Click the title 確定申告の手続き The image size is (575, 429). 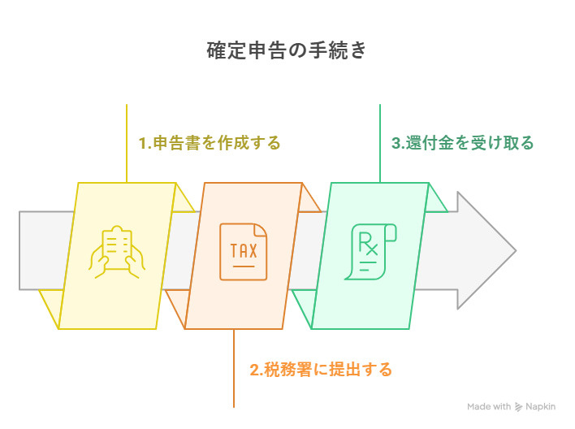[x=287, y=50]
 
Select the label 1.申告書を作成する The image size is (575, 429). [x=210, y=143]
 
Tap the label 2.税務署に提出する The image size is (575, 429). [x=321, y=369]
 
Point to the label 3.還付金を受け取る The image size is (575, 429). [x=462, y=143]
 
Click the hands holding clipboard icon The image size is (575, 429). [x=117, y=252]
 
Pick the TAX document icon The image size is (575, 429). [x=244, y=252]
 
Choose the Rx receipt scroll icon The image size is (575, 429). [x=370, y=252]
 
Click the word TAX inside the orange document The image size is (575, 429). [x=244, y=251]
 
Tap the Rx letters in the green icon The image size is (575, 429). [x=368, y=243]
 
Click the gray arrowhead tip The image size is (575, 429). [x=516, y=250]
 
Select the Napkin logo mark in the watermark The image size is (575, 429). [x=518, y=406]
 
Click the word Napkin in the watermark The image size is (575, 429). [x=541, y=406]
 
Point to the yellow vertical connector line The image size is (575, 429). [x=127, y=143]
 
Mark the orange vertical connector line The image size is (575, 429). [x=234, y=368]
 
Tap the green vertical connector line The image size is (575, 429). [x=380, y=143]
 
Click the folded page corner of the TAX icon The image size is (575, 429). [x=261, y=231]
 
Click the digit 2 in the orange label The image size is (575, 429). [x=254, y=370]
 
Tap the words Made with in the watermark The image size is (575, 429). [x=489, y=406]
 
